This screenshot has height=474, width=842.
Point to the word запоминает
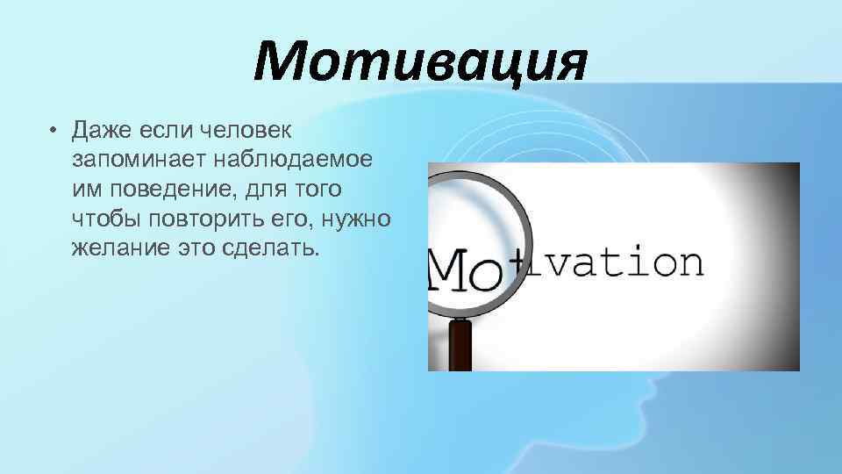click(128, 161)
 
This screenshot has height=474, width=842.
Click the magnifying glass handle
click(459, 347)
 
